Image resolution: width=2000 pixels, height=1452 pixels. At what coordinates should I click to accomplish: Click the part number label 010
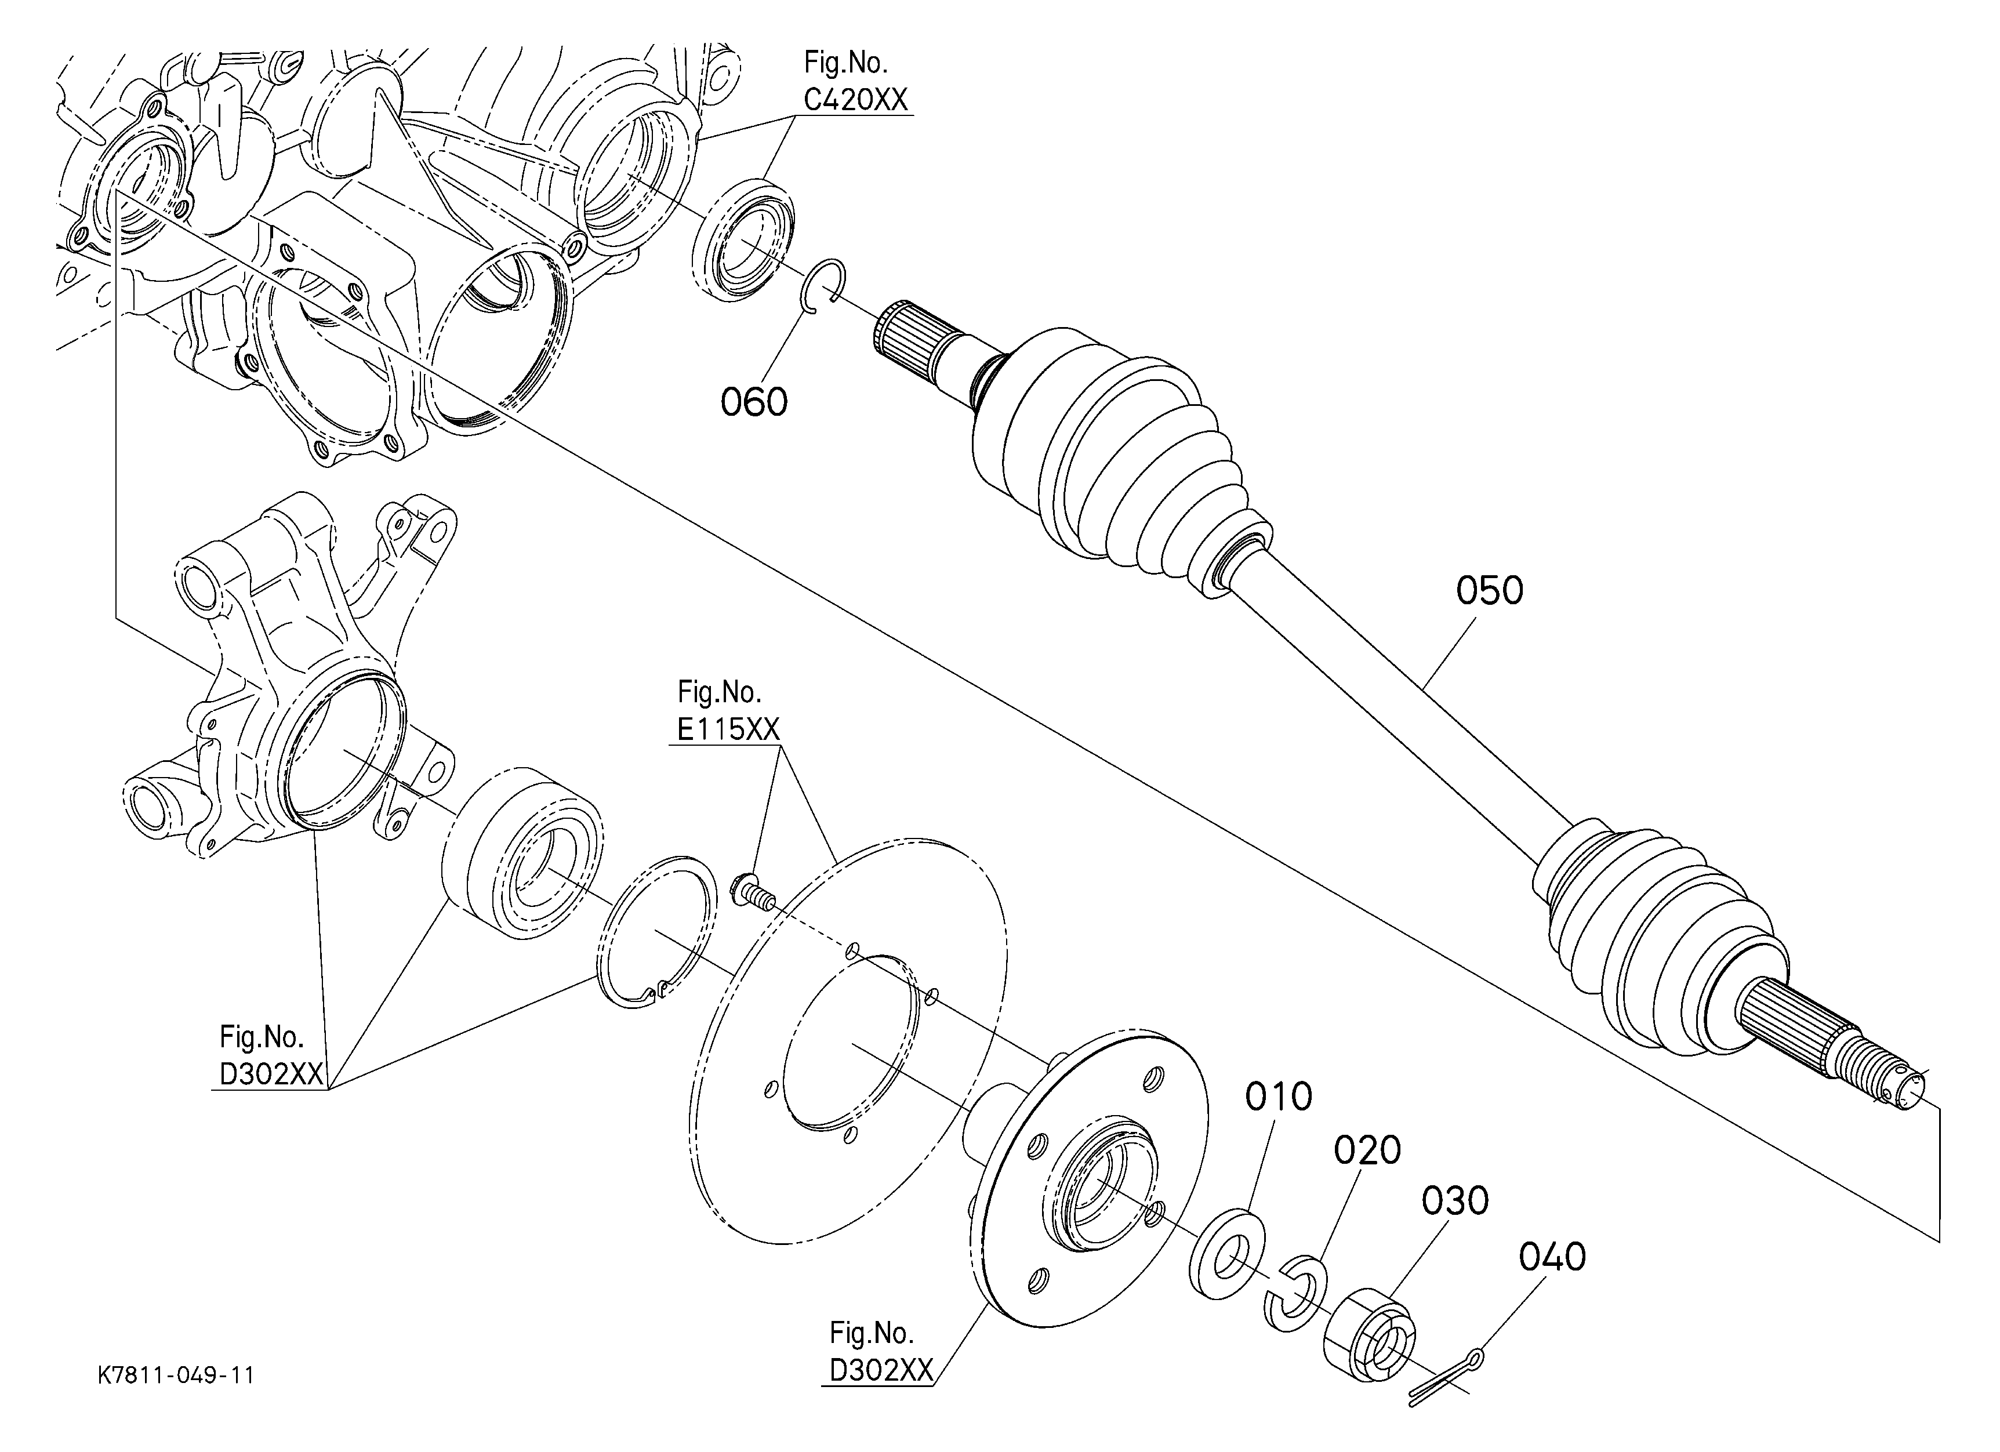tap(1279, 1097)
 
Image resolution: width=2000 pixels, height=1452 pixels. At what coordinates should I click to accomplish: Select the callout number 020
tap(1367, 1150)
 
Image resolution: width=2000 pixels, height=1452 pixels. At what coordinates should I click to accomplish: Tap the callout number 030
tap(1455, 1201)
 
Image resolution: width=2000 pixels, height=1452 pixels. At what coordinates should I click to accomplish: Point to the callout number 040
tap(1552, 1258)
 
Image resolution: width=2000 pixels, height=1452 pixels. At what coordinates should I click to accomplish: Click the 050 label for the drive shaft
tap(1490, 591)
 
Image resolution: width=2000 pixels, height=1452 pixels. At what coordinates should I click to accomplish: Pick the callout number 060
tap(754, 402)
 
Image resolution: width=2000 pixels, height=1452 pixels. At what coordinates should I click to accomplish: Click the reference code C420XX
tap(855, 100)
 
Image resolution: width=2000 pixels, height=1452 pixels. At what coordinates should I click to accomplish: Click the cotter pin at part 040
tap(1445, 1380)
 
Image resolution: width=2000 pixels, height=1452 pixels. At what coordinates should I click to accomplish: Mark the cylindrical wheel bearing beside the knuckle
tap(523, 852)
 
